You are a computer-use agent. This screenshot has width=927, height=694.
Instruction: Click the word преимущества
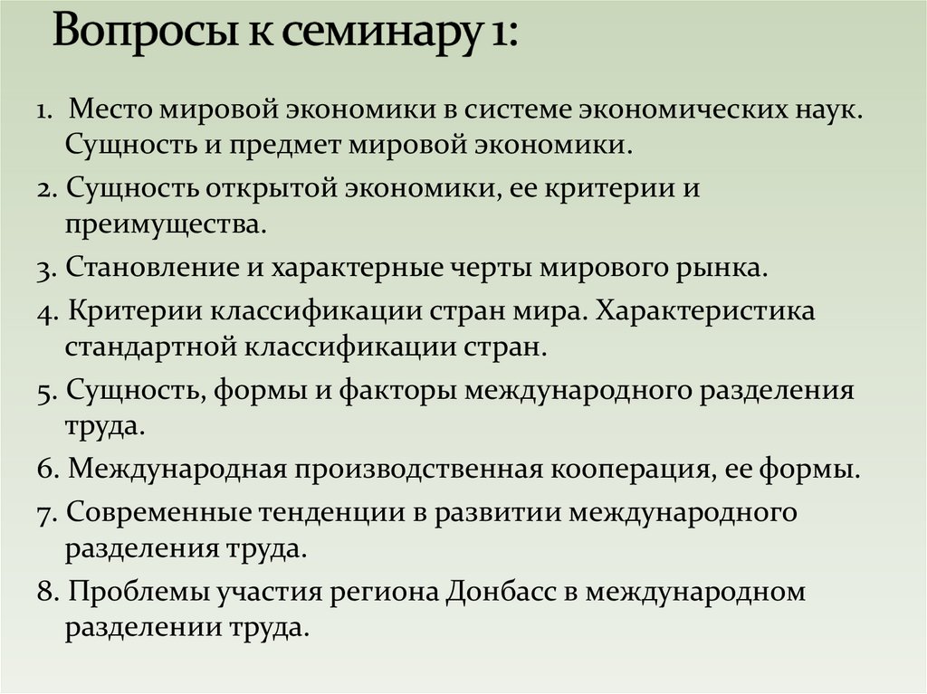pos(165,223)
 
